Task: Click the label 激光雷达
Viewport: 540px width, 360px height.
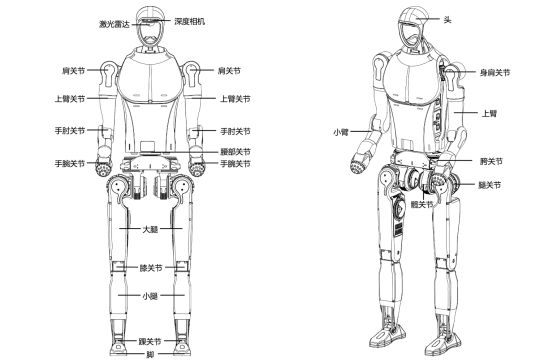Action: click(114, 23)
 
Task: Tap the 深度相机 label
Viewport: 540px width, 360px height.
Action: click(189, 21)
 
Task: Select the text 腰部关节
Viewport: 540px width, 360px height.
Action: click(235, 152)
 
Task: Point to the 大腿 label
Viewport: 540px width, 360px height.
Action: click(150, 229)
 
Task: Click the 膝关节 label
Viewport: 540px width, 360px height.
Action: click(150, 267)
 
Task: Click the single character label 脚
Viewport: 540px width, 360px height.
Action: click(150, 354)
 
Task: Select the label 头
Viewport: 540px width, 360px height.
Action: click(447, 20)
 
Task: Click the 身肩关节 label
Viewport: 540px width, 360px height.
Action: click(495, 72)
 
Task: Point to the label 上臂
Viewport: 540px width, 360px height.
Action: click(489, 113)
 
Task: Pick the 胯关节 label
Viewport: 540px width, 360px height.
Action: click(491, 161)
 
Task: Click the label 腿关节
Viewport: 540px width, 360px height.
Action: click(489, 185)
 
